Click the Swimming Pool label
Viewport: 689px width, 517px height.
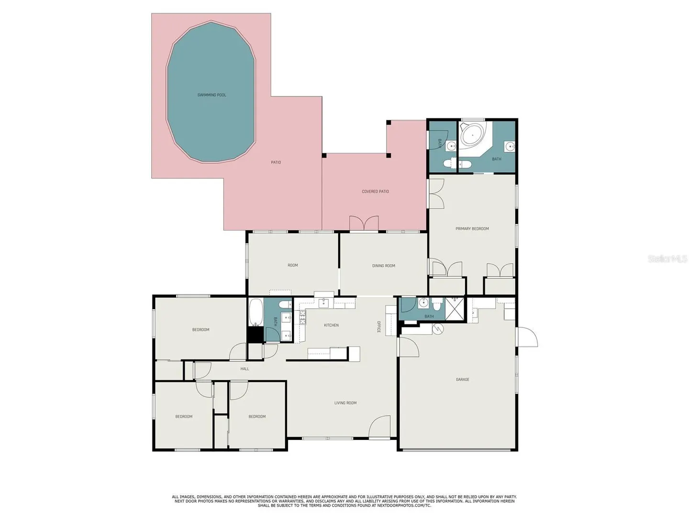pos(211,95)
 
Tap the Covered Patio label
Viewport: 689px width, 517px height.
pos(375,191)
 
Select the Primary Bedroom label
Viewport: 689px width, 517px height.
pos(472,228)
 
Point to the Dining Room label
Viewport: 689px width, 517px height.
pos(383,266)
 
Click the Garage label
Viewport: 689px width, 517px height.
pos(462,380)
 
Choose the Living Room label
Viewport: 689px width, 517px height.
pos(345,403)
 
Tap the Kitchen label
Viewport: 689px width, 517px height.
pos(331,325)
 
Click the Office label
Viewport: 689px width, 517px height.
pos(378,327)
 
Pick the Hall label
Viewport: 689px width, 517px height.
pos(244,369)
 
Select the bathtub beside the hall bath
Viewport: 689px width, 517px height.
pos(256,312)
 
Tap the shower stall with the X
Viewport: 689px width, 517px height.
pos(455,309)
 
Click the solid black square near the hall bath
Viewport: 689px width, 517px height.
pos(255,335)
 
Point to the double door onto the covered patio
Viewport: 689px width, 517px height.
pos(364,223)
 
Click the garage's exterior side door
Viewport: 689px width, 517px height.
pos(527,337)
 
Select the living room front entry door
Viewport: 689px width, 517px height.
pos(379,427)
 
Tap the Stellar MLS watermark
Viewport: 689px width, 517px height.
pos(667,258)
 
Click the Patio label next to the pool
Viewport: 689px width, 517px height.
pos(276,162)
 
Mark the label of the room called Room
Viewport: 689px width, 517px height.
pos(292,265)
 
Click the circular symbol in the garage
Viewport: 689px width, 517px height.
pos(437,329)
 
